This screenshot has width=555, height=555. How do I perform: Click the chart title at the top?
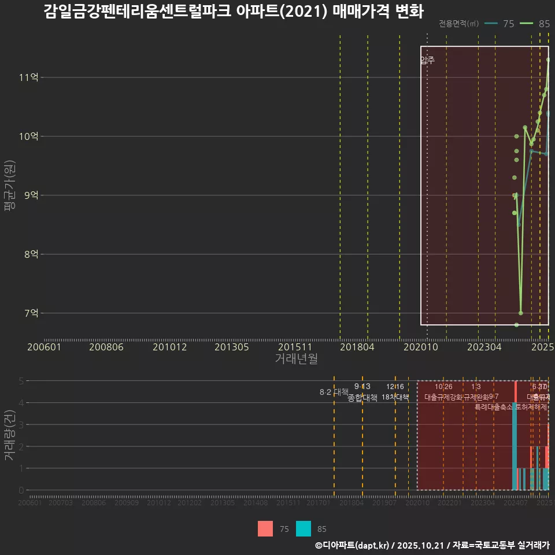click(234, 12)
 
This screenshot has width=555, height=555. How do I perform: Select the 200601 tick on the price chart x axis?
click(45, 347)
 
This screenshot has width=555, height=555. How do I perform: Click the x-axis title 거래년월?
click(296, 359)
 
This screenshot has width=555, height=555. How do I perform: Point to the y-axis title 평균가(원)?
click(10, 195)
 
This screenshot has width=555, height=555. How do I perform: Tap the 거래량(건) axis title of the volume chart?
click(10, 435)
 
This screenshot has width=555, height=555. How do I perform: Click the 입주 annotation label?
click(427, 60)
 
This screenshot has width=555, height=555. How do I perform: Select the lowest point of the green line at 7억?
click(521, 313)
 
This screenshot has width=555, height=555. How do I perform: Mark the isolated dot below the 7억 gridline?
click(516, 325)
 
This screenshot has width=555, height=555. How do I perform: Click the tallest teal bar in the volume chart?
click(514, 445)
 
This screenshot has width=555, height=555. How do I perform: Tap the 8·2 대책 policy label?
click(330, 392)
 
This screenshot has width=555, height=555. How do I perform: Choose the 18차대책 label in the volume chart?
click(395, 397)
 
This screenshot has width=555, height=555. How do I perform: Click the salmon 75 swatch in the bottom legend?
click(265, 528)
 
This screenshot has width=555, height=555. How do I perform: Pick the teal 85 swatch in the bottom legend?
click(304, 528)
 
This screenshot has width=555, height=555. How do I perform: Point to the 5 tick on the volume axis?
click(21, 381)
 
